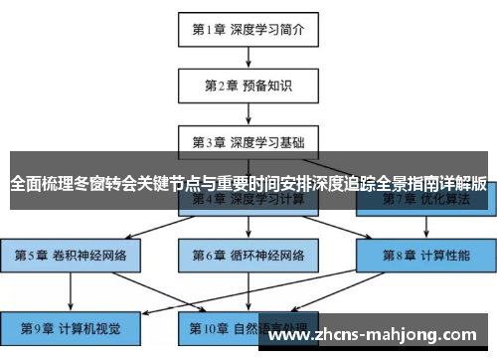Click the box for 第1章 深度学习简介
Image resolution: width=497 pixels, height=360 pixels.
pyautogui.click(x=248, y=30)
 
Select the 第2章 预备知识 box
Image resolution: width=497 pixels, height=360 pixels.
pyautogui.click(x=248, y=85)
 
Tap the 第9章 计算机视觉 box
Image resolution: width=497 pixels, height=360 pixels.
pyautogui.click(x=71, y=327)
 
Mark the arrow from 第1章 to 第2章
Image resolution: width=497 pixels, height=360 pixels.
pyautogui.click(x=248, y=56)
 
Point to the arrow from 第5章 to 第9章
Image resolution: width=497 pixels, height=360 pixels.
pyautogui.click(x=71, y=291)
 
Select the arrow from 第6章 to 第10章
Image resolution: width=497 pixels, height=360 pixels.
pyautogui.click(x=248, y=291)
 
